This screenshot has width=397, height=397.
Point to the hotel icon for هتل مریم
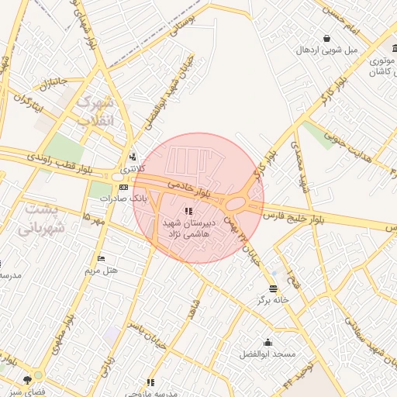click(101, 258)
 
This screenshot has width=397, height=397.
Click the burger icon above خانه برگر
click(274, 288)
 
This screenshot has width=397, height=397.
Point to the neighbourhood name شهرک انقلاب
click(97, 112)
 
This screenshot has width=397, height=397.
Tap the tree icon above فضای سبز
click(28, 380)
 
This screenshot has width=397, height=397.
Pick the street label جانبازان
click(44, 83)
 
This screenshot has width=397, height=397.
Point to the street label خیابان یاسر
click(144, 340)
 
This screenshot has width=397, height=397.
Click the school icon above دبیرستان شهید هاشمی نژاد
click(187, 211)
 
